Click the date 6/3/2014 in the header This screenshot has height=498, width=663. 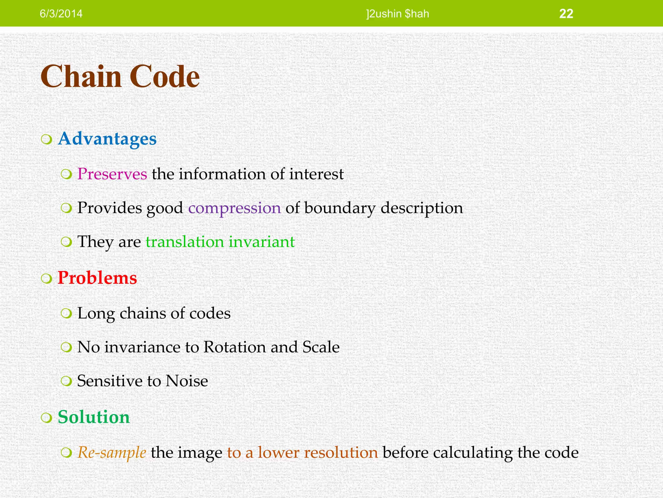[61, 14]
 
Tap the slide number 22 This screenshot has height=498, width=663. [566, 14]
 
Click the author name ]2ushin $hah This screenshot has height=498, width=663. [398, 14]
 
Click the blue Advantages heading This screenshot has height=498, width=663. [107, 139]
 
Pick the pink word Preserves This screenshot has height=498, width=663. [112, 174]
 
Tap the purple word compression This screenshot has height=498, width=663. [234, 208]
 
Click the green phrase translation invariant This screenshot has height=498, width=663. [220, 242]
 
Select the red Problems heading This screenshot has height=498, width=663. [97, 278]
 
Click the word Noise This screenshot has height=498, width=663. [186, 381]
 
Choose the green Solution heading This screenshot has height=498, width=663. [94, 417]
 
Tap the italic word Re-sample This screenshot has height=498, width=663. [112, 453]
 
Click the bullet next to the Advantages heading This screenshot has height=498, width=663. [47, 140]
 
